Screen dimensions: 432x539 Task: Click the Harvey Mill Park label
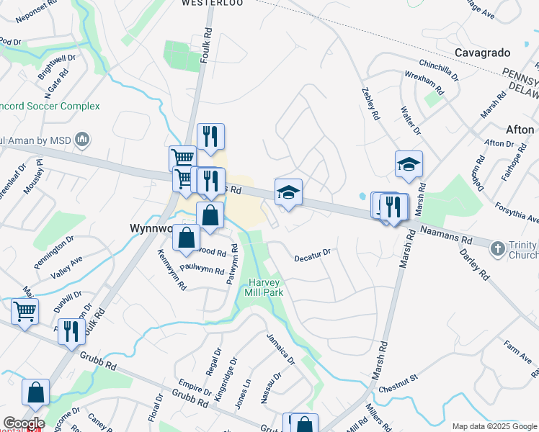[x=266, y=287]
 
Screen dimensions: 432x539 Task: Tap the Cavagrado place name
[x=482, y=53]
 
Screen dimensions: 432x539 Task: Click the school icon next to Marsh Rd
[x=409, y=165]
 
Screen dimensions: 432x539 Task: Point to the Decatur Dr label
[x=312, y=254]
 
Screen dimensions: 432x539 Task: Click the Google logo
[x=24, y=423]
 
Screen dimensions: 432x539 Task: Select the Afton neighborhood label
[x=520, y=130]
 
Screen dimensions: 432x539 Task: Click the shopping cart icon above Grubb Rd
[x=24, y=312]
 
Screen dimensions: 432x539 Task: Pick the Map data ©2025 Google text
[x=494, y=426]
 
